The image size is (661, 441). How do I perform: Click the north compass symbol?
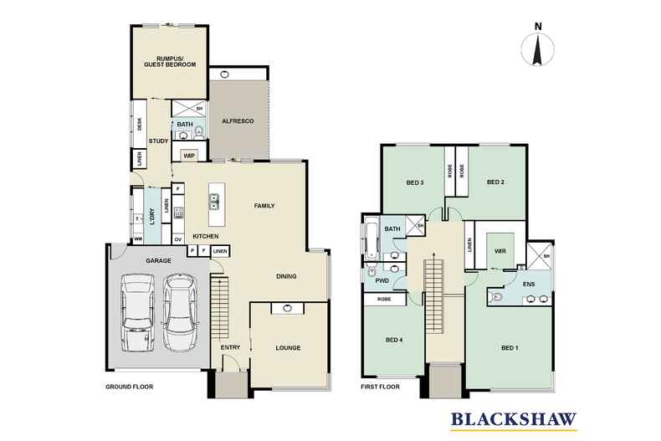pos(537,46)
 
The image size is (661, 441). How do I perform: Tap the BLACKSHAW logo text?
pos(514,419)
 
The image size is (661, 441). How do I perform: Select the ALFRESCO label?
pos(238,121)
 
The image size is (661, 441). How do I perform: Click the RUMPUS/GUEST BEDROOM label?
pos(170,62)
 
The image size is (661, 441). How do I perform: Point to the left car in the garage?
pos(137,313)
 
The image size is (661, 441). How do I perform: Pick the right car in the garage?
pos(180,313)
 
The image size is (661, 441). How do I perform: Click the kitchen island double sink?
pos(214,202)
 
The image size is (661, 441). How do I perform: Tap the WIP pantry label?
pos(189,156)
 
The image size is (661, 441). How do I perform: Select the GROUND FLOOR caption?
pos(130,387)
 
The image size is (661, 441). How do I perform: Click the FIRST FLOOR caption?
pos(380,387)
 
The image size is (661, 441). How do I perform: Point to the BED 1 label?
pos(510,348)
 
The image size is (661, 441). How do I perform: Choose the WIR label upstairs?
pos(500,251)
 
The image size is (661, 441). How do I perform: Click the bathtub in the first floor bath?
pos(371,241)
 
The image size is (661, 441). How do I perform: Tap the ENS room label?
pos(529,285)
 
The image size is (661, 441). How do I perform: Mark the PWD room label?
pos(382,281)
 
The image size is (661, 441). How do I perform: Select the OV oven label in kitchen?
pos(178,239)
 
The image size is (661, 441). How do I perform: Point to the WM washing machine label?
pos(138,239)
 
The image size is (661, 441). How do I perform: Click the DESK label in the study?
pos(140,124)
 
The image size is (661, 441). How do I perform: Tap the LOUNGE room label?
pos(289,348)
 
